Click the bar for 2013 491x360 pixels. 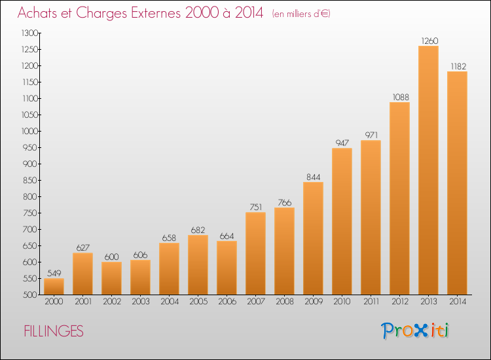(x=428, y=170)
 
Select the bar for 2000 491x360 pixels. (x=54, y=287)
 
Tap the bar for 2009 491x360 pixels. (x=313, y=238)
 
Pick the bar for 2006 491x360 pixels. (x=227, y=268)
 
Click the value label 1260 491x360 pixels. (x=429, y=41)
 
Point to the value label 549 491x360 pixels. (x=54, y=274)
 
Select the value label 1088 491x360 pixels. (x=401, y=97)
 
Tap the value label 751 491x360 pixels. (x=255, y=207)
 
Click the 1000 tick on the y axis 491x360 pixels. (x=29, y=131)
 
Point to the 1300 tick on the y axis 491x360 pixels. (x=29, y=33)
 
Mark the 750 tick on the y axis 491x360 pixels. (x=30, y=213)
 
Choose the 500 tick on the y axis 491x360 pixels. (x=30, y=295)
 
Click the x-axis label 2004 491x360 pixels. (x=170, y=302)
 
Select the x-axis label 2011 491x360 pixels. (x=371, y=302)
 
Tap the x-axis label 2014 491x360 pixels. (x=458, y=302)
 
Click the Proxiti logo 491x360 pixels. (x=415, y=331)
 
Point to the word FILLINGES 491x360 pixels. (x=54, y=331)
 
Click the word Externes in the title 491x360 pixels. (x=156, y=13)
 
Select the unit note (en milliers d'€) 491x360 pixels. (x=301, y=14)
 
